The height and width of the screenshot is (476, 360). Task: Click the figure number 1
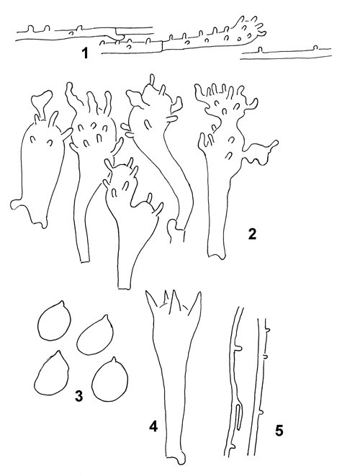[x=85, y=53]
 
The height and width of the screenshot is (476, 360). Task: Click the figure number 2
[x=252, y=233]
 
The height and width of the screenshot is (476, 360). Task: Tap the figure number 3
[x=79, y=396]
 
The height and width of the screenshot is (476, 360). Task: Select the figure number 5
[x=279, y=431]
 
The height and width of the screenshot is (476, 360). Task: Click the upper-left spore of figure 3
[x=54, y=320]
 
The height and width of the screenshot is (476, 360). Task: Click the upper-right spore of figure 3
[x=95, y=335]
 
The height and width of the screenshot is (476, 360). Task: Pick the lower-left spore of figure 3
[x=52, y=373]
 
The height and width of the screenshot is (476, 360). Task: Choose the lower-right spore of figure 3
[x=110, y=380]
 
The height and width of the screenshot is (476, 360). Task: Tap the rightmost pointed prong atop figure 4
[x=196, y=302]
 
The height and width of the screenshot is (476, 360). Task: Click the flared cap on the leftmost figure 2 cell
[x=41, y=99]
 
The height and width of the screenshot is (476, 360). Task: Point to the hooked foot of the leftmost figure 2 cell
[x=17, y=205]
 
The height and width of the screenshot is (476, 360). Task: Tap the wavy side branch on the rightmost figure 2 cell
[x=261, y=153]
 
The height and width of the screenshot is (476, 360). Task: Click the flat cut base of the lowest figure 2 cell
[x=125, y=287]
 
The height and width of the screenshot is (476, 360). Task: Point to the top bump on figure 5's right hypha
[x=268, y=329]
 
